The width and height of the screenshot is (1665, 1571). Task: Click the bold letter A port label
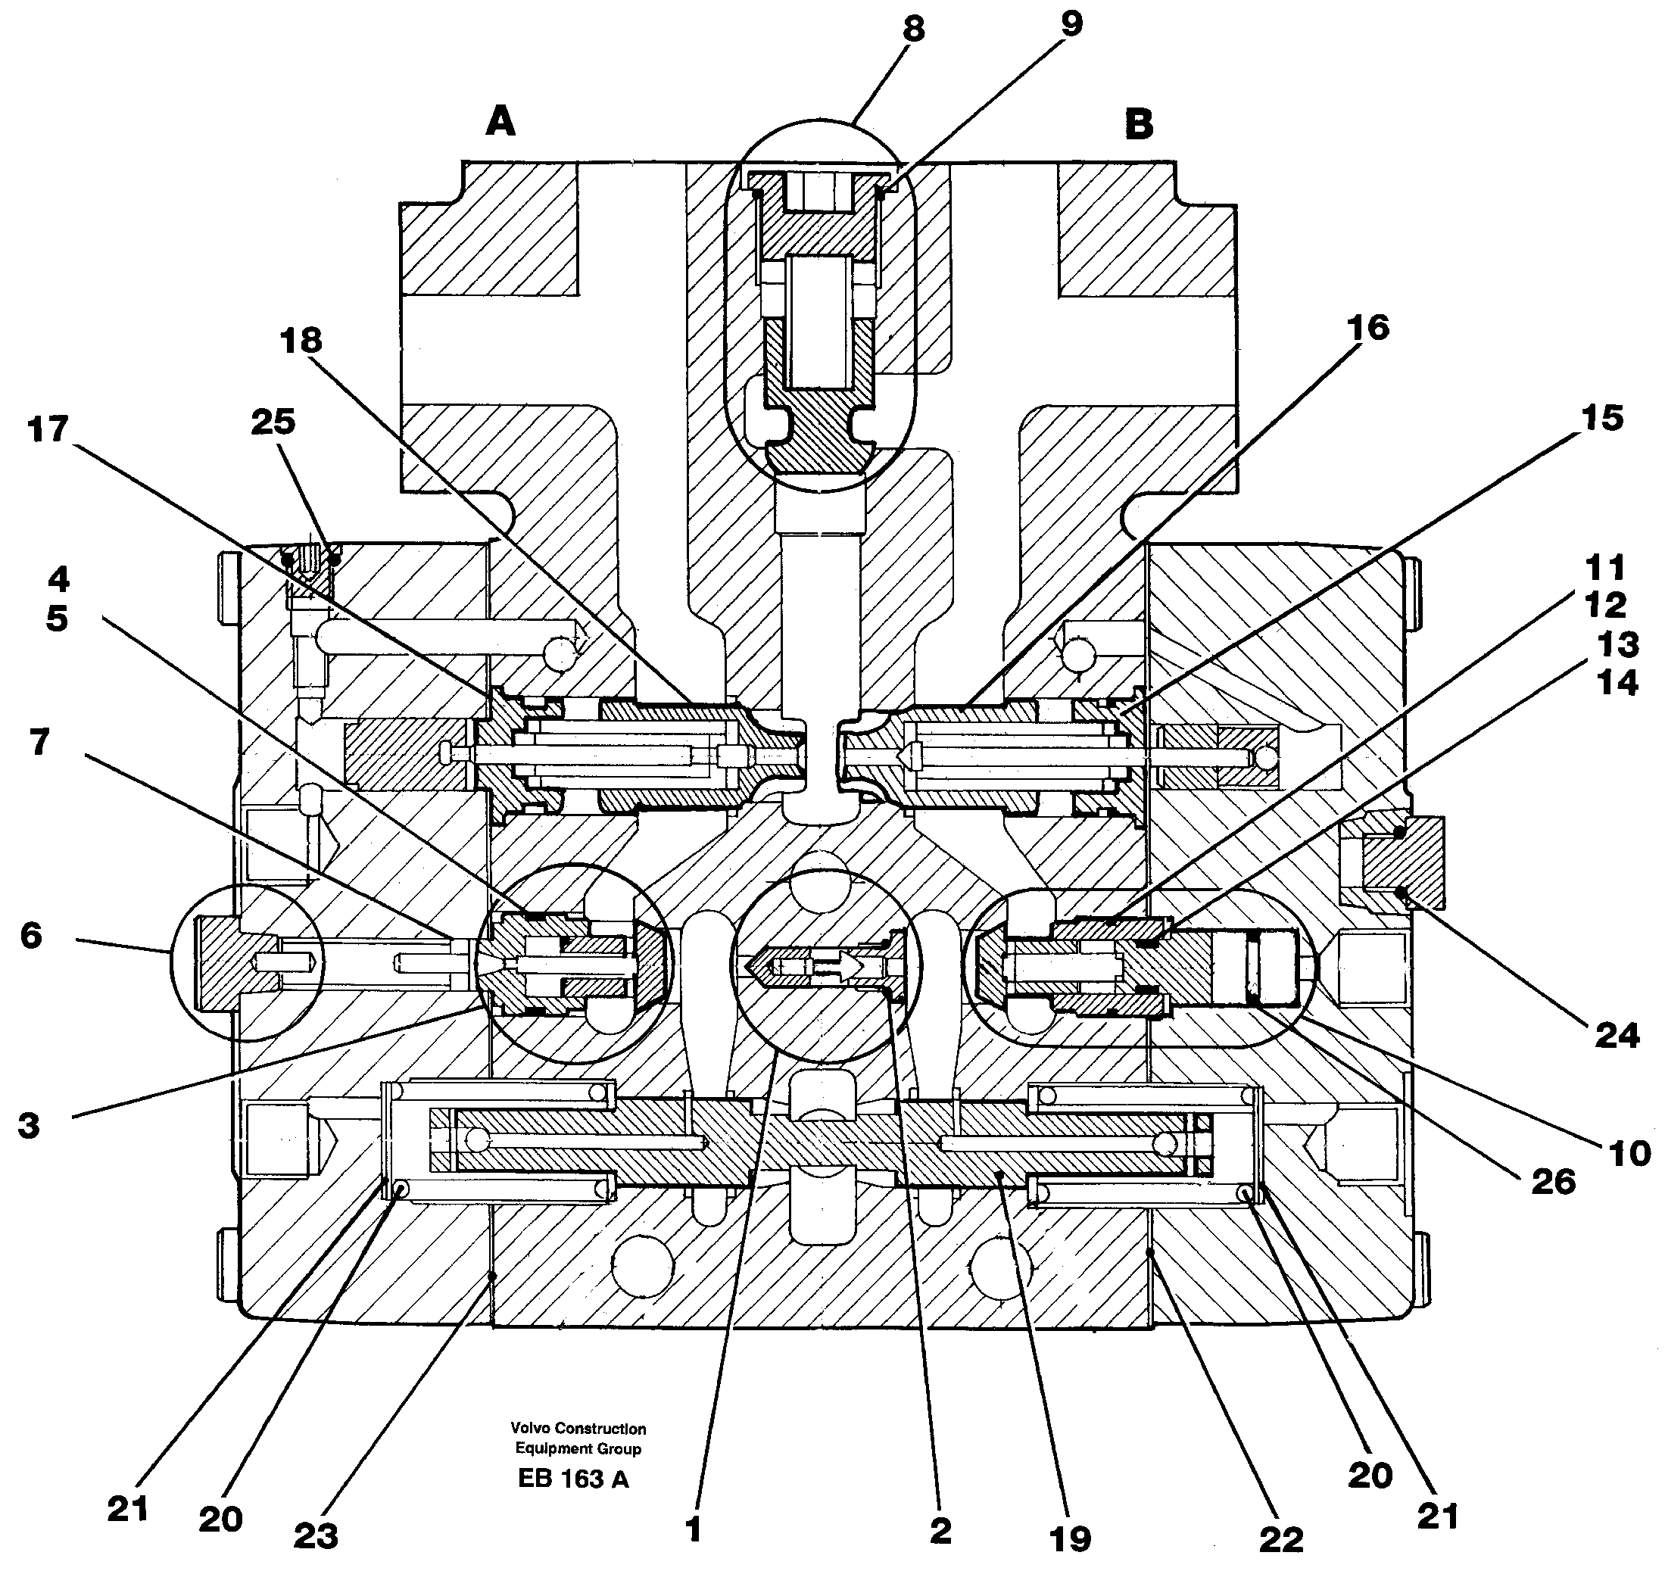(500, 123)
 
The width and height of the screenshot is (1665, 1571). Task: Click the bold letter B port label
(1138, 125)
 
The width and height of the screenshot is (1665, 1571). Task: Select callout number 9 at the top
(1071, 24)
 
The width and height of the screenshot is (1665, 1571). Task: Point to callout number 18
(301, 341)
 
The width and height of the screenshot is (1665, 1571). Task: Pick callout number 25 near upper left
(273, 421)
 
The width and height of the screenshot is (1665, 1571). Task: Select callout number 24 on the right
(1617, 1036)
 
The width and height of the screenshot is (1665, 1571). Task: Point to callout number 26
(1553, 1182)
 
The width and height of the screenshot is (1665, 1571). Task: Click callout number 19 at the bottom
(1071, 1538)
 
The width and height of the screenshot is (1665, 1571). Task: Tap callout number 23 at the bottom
(316, 1535)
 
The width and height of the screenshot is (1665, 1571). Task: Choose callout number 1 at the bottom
(693, 1530)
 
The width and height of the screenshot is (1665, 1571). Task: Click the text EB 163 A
(573, 1479)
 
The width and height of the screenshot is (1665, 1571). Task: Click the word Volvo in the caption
(531, 1429)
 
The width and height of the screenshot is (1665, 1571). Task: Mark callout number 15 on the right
(1602, 418)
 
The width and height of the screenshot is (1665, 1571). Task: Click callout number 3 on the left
(29, 1127)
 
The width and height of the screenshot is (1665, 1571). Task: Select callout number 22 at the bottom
(1280, 1538)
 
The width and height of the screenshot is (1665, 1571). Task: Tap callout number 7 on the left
(39, 741)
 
